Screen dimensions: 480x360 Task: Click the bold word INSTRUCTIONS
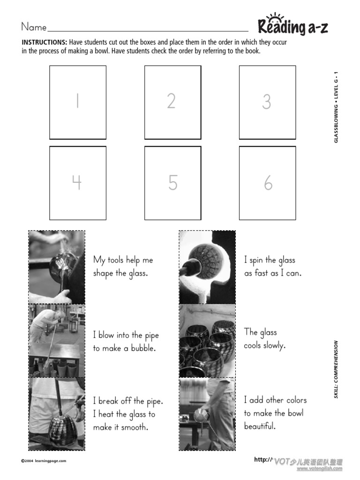(44, 42)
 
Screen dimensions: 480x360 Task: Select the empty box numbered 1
(78, 102)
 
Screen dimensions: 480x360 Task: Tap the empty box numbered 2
(172, 102)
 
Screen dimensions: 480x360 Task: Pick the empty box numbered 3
(267, 102)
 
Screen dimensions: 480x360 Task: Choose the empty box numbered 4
(78, 183)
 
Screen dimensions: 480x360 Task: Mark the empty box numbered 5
(172, 183)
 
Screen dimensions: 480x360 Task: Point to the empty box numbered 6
(267, 183)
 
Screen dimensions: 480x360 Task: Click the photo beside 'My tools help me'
(57, 267)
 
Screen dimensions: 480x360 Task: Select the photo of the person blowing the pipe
(57, 341)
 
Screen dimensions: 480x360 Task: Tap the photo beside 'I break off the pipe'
(57, 414)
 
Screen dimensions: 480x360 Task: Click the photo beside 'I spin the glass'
(207, 267)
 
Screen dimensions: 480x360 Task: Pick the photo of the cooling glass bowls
(207, 341)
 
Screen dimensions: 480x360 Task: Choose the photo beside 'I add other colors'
(207, 414)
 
